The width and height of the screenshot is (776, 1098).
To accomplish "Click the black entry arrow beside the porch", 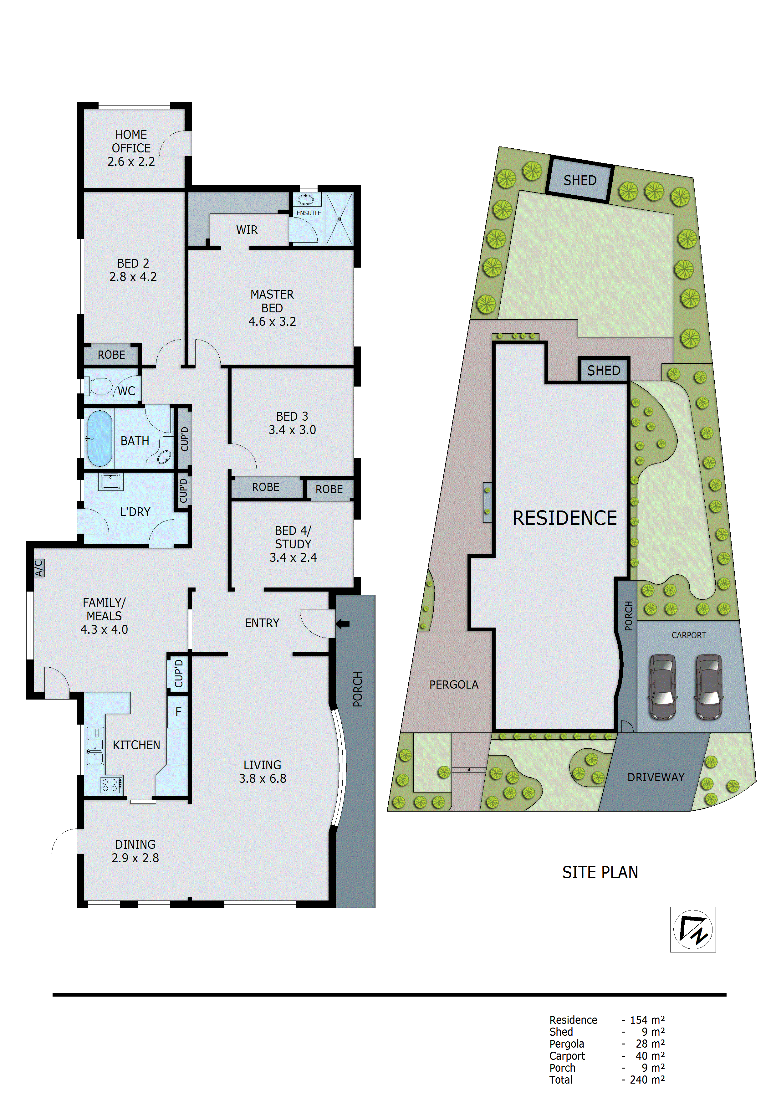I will (343, 623).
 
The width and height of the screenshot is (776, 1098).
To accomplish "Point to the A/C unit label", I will (39, 568).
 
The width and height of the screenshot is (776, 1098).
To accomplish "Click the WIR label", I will (247, 230).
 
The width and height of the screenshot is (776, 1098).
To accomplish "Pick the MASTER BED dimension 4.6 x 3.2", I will (272, 322).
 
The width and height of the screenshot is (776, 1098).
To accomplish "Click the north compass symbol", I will (693, 929).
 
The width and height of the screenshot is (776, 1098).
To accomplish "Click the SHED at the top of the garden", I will (579, 180).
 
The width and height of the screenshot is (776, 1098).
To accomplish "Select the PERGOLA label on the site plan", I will (454, 685).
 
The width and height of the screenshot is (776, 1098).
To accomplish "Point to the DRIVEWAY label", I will (656, 777).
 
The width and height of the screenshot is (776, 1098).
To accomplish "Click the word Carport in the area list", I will (567, 1056).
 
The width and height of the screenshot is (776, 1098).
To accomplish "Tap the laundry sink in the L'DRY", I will (110, 481).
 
